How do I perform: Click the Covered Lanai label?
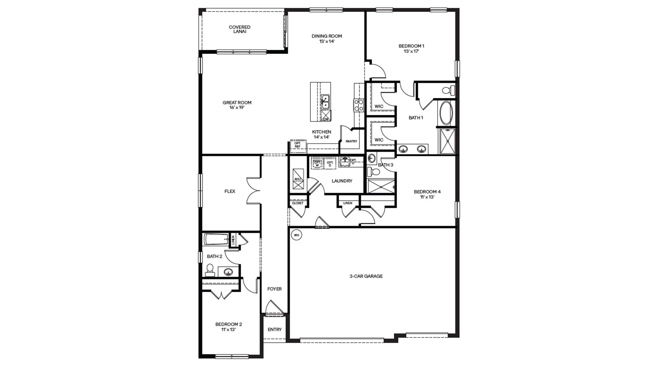(x=239, y=29)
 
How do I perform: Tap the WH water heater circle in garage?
(x=296, y=235)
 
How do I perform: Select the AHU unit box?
(x=298, y=179)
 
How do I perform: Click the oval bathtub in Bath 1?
(x=446, y=113)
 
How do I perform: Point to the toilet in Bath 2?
(x=210, y=270)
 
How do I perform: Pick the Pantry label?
(x=351, y=142)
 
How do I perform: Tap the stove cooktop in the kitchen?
(x=359, y=105)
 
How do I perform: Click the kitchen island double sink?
(x=325, y=102)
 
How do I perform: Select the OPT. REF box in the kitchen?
(x=298, y=145)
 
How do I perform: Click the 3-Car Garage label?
(x=366, y=276)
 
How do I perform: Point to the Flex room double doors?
(x=253, y=191)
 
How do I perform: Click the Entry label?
(x=275, y=329)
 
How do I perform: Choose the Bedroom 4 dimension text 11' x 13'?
(x=427, y=197)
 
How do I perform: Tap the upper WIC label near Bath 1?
(x=379, y=107)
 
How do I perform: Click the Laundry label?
(x=342, y=181)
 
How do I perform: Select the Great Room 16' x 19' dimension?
(x=237, y=108)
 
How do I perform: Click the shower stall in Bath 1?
(x=447, y=141)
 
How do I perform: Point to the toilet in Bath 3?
(x=374, y=172)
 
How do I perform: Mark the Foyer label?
(x=274, y=289)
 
